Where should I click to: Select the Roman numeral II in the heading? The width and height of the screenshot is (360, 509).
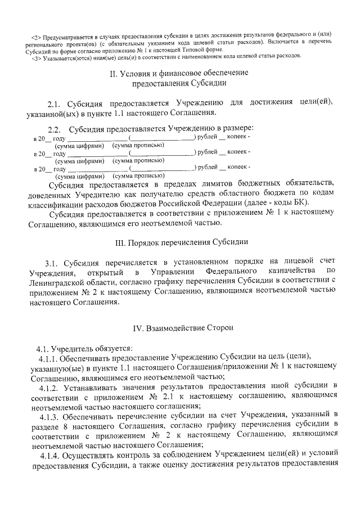[x=114, y=73]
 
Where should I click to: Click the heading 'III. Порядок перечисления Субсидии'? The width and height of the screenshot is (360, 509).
[x=179, y=242]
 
